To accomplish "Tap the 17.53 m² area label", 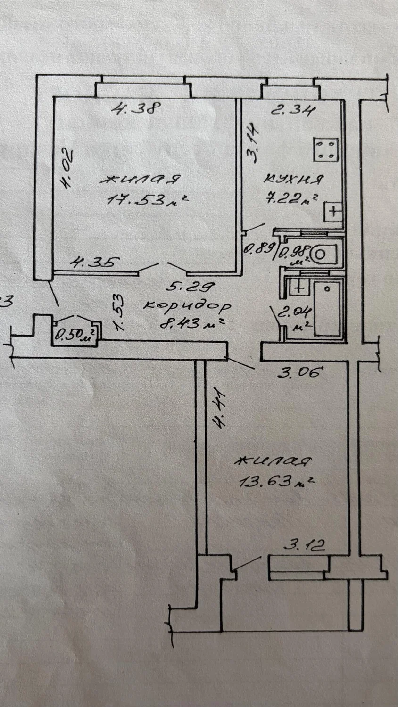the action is [148, 199].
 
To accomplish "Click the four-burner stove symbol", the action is [326, 149].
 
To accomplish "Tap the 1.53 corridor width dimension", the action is [118, 312].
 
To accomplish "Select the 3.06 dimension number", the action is [300, 372].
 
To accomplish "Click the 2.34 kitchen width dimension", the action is [293, 110].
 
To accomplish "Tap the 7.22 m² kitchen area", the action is [291, 199].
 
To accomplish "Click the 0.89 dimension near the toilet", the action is [259, 249].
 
